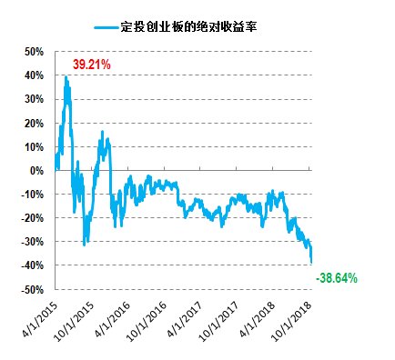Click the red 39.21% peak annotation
click(91, 65)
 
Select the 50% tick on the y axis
click(33, 52)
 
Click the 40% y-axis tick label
click(33, 75)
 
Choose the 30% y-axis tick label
click(33, 99)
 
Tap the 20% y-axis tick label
click(33, 123)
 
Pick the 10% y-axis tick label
click(33, 146)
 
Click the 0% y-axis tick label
click(35, 170)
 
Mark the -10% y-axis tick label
click(31, 194)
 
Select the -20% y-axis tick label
click(31, 217)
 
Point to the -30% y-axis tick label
click(31, 241)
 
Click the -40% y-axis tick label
click(31, 265)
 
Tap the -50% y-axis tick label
click(31, 289)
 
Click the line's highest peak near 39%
click(66, 77)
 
